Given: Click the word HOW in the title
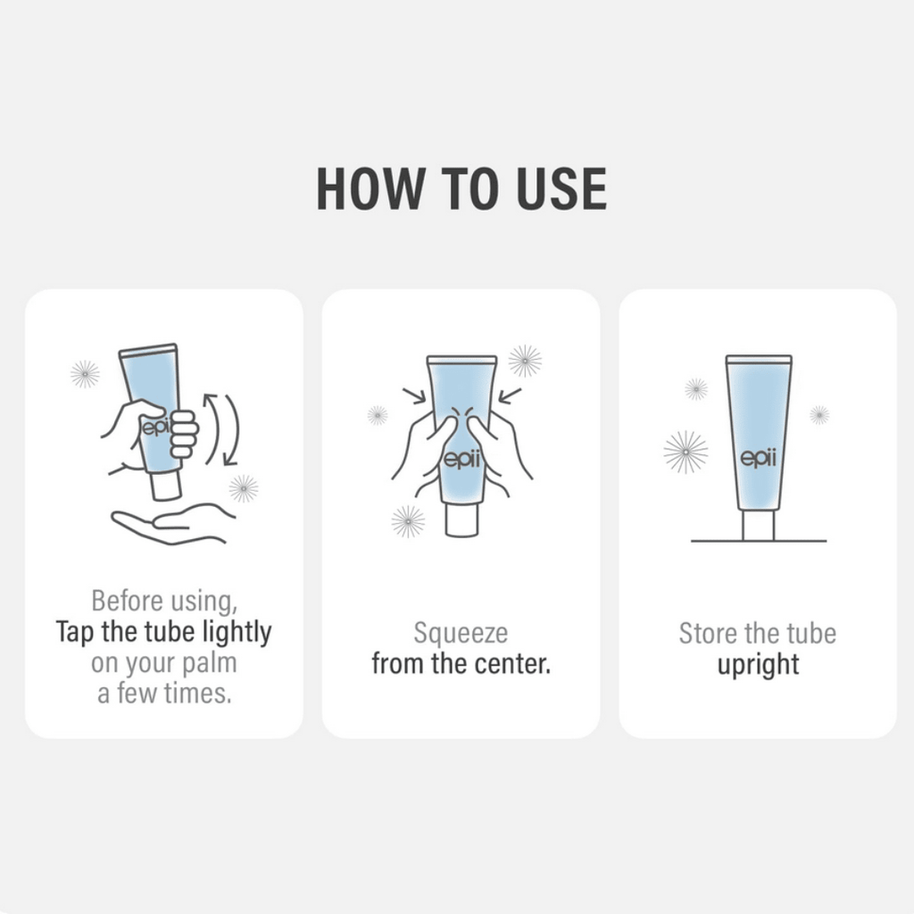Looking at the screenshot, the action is point(370,188).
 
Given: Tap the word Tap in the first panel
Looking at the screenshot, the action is point(75,633).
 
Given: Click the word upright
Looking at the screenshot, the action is point(758,665).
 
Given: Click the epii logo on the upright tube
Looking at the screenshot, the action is point(759,458).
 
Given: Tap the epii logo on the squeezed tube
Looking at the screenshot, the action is point(461,460).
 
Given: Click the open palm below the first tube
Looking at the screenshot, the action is point(172,523).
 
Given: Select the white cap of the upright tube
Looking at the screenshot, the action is point(759,526).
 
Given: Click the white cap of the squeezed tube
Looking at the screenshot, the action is point(461,520).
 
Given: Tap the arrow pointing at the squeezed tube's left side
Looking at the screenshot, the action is point(414,395).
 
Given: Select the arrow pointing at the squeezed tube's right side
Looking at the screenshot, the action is point(510,395).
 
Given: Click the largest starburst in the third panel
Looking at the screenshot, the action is point(685,452).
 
